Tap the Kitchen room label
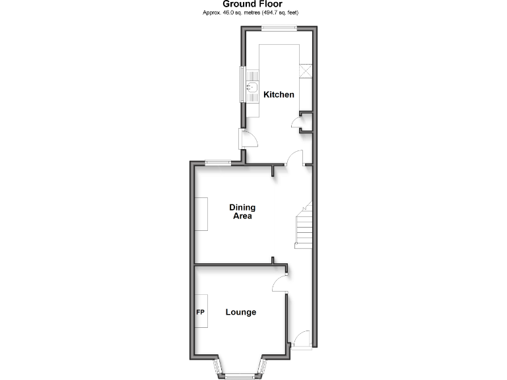pos(279,94)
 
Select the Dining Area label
pos(242,212)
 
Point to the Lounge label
pos(240,312)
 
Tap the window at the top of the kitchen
pos(278,27)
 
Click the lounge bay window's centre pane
pos(240,377)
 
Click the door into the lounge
pos(280,284)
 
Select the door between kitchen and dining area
pos(294,158)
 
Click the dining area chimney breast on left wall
pos(202,214)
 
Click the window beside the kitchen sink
pos(242,84)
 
